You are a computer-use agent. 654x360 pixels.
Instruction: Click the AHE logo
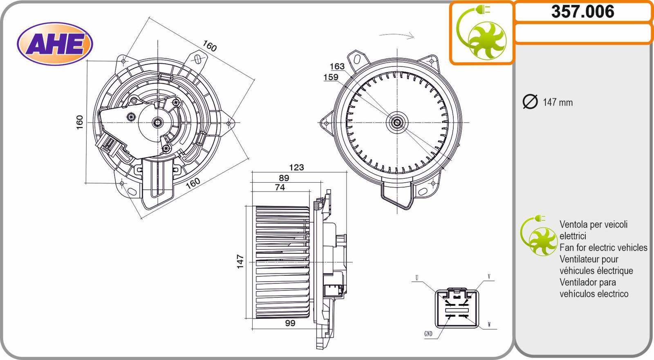coord(55,44)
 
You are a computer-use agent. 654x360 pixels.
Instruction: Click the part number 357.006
coord(582,12)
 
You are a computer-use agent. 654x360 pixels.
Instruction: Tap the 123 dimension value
coord(296,167)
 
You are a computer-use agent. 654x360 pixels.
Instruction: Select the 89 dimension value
coord(284,178)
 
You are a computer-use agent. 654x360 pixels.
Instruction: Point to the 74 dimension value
coord(280,187)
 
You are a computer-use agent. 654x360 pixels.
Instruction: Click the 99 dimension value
coord(290,323)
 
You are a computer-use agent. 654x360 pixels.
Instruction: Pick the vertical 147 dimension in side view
coord(240,262)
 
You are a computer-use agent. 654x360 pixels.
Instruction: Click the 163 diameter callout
coord(337,67)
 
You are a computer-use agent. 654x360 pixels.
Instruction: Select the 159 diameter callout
coord(331,77)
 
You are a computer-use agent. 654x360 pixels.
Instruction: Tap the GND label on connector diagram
coord(428,334)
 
